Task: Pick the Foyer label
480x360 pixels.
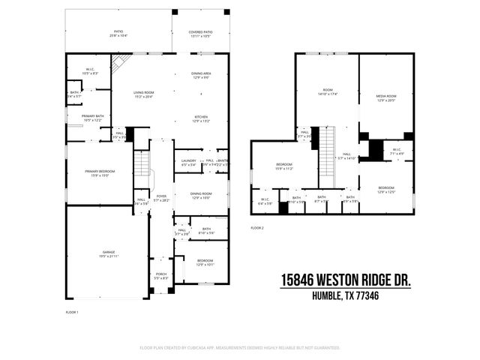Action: pos(161,197)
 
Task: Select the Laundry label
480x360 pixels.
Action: pos(188,163)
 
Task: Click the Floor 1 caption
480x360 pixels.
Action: pos(72,310)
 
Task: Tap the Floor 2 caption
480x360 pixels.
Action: pos(257,227)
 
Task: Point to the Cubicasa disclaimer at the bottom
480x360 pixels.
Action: pos(240,348)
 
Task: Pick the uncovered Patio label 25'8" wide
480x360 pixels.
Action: pos(119,34)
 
